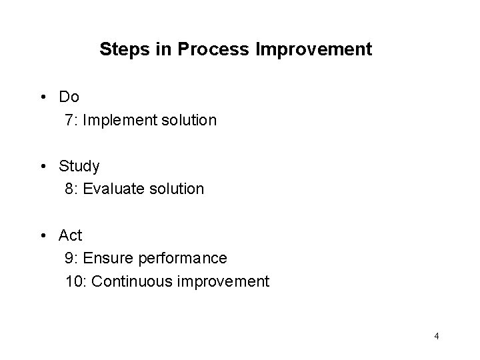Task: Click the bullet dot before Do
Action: pyautogui.click(x=43, y=97)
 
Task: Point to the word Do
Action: pyautogui.click(x=69, y=97)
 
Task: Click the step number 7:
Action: pyautogui.click(x=72, y=121)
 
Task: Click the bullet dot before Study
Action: pyautogui.click(x=43, y=166)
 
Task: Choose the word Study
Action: pyautogui.click(x=79, y=166)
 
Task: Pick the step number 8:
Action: pyautogui.click(x=72, y=189)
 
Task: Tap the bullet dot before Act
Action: pyautogui.click(x=43, y=235)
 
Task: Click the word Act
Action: pyautogui.click(x=71, y=235)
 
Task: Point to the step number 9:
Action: pyautogui.click(x=72, y=258)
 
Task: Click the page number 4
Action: pyautogui.click(x=437, y=336)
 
